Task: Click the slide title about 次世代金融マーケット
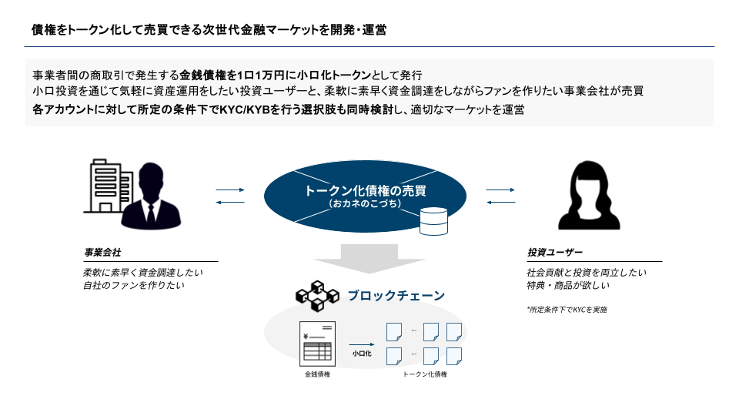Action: (x=209, y=29)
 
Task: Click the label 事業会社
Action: (x=102, y=253)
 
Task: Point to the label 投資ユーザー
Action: (x=555, y=253)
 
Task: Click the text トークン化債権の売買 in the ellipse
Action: (x=365, y=191)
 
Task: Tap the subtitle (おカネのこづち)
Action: (x=365, y=204)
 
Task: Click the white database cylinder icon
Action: (x=433, y=221)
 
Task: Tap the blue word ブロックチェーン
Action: (x=396, y=295)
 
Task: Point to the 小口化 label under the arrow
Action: (x=362, y=354)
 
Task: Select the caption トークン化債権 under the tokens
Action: (x=425, y=374)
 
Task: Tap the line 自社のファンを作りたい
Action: (x=134, y=286)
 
